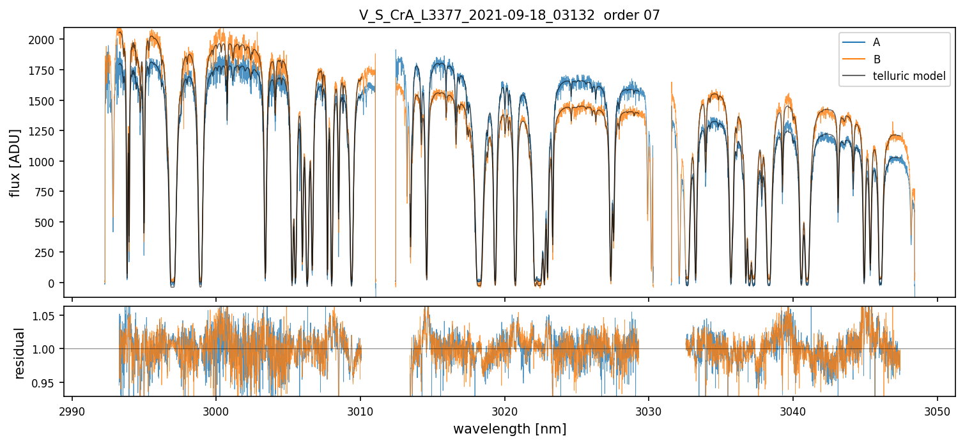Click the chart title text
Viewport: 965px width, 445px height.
pos(509,15)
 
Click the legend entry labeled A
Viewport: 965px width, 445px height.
pos(876,42)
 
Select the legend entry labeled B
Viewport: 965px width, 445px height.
pos(876,59)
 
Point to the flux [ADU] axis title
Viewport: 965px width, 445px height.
pos(15,162)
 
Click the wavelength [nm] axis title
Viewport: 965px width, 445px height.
pos(509,429)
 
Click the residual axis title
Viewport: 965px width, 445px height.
pos(20,353)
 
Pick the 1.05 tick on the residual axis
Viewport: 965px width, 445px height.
pos(47,315)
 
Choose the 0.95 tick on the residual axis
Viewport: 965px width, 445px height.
pos(47,383)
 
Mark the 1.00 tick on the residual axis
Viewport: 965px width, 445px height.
pos(47,349)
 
